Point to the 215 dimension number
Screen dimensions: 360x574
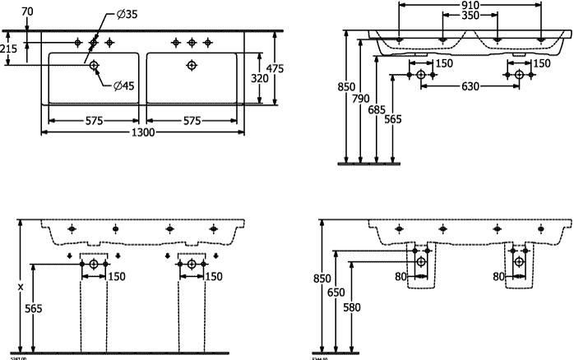coord(9,50)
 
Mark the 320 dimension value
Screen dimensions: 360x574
coord(259,80)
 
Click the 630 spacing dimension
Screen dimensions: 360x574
coord(470,86)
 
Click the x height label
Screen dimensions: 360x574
coord(21,287)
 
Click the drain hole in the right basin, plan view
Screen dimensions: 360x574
coord(192,65)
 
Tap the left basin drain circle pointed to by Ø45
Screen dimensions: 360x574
coord(94,65)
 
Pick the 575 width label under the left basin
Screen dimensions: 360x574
coord(94,122)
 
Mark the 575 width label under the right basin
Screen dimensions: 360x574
coord(192,122)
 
